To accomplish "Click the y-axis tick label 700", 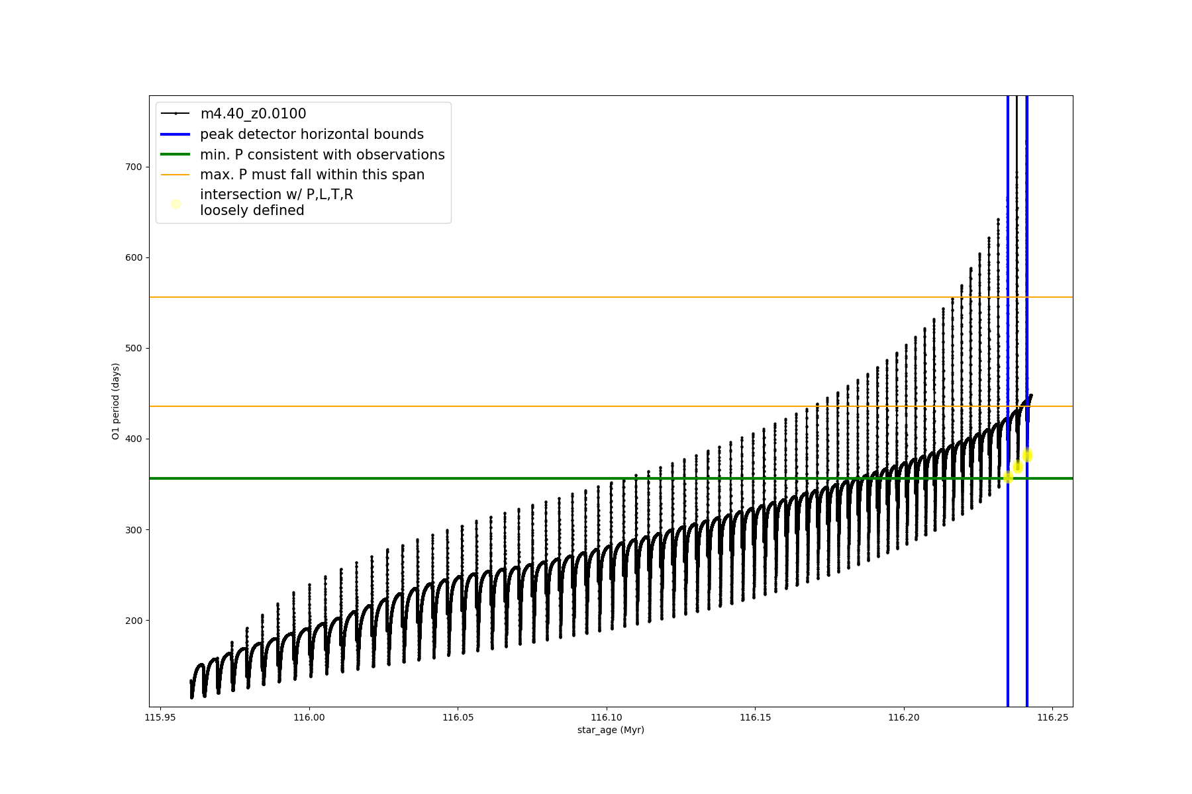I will pyautogui.click(x=133, y=167).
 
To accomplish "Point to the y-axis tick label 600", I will pyautogui.click(x=133, y=257).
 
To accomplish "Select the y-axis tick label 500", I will pyautogui.click(x=133, y=348).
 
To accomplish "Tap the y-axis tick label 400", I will pyautogui.click(x=133, y=439).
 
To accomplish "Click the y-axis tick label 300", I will pyautogui.click(x=133, y=530).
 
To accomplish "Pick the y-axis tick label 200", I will pyautogui.click(x=133, y=621).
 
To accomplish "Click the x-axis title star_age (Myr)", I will pyautogui.click(x=611, y=730).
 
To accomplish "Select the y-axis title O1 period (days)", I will pyautogui.click(x=116, y=401).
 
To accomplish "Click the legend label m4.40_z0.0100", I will pyautogui.click(x=253, y=114).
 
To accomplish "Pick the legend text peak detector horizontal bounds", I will pyautogui.click(x=311, y=134).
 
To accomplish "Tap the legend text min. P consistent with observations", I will pyautogui.click(x=322, y=155).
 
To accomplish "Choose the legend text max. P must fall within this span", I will pyautogui.click(x=312, y=175).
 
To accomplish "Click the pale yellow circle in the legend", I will pyautogui.click(x=175, y=204).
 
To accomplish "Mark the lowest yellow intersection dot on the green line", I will pyautogui.click(x=1008, y=477).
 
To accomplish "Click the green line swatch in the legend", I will pyautogui.click(x=175, y=155).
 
